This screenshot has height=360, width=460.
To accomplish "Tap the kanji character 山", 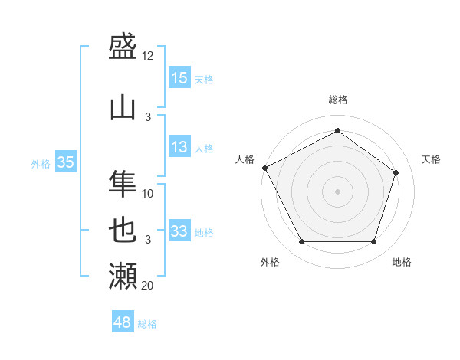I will pyautogui.click(x=123, y=108).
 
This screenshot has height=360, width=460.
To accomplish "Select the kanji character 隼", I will pyautogui.click(x=123, y=185).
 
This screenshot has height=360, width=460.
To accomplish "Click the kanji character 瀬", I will pyautogui.click(x=123, y=276).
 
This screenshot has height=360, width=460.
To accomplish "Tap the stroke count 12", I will pyautogui.click(x=148, y=56).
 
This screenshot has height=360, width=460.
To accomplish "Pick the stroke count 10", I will pyautogui.click(x=148, y=194).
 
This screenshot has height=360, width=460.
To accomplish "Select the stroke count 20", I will pyautogui.click(x=148, y=286).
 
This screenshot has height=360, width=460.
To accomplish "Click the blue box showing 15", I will pyautogui.click(x=179, y=78).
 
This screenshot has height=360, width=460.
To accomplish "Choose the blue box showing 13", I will pyautogui.click(x=179, y=147).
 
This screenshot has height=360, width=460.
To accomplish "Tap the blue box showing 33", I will pyautogui.click(x=179, y=231).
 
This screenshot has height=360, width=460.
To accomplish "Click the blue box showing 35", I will pyautogui.click(x=66, y=162).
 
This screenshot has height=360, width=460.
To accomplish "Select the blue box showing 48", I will pyautogui.click(x=123, y=322).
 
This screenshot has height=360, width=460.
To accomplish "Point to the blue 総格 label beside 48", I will pyautogui.click(x=147, y=324).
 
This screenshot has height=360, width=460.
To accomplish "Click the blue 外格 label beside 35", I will pyautogui.click(x=41, y=163).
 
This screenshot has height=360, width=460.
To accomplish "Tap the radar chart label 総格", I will pyautogui.click(x=337, y=100).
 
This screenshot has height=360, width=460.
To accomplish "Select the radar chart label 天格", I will pyautogui.click(x=431, y=159).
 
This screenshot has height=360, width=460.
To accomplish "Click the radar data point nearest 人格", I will pyautogui.click(x=265, y=168).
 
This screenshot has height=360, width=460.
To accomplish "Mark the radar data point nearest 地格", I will pyautogui.click(x=373, y=242).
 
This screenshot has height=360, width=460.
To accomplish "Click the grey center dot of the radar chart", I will pyautogui.click(x=337, y=191).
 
